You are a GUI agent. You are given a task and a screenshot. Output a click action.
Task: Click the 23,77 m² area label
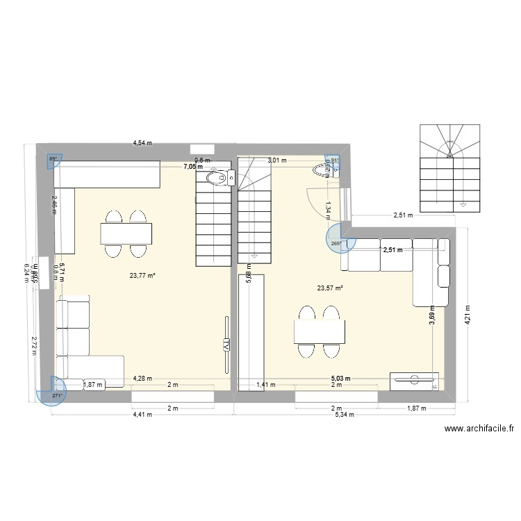point(142,275)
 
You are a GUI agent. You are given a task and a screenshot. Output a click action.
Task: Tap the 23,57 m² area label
point(330,288)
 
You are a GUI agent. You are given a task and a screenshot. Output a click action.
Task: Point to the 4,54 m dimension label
point(143,144)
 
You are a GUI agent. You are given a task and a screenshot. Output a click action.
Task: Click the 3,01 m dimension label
point(277,160)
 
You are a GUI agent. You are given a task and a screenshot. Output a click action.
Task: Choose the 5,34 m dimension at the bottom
point(343,415)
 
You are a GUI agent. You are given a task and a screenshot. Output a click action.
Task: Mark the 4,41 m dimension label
point(143,415)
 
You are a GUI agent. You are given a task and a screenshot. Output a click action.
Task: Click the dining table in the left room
point(126,233)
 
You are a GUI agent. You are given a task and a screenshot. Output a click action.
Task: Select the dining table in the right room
point(319,331)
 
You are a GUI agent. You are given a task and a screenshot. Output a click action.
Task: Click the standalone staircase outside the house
point(449,167)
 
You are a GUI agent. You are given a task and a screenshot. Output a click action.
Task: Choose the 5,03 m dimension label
point(340,379)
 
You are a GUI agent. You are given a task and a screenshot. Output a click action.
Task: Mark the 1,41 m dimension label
point(266,385)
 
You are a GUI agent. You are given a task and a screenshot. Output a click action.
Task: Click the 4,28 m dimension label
point(143,379)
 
